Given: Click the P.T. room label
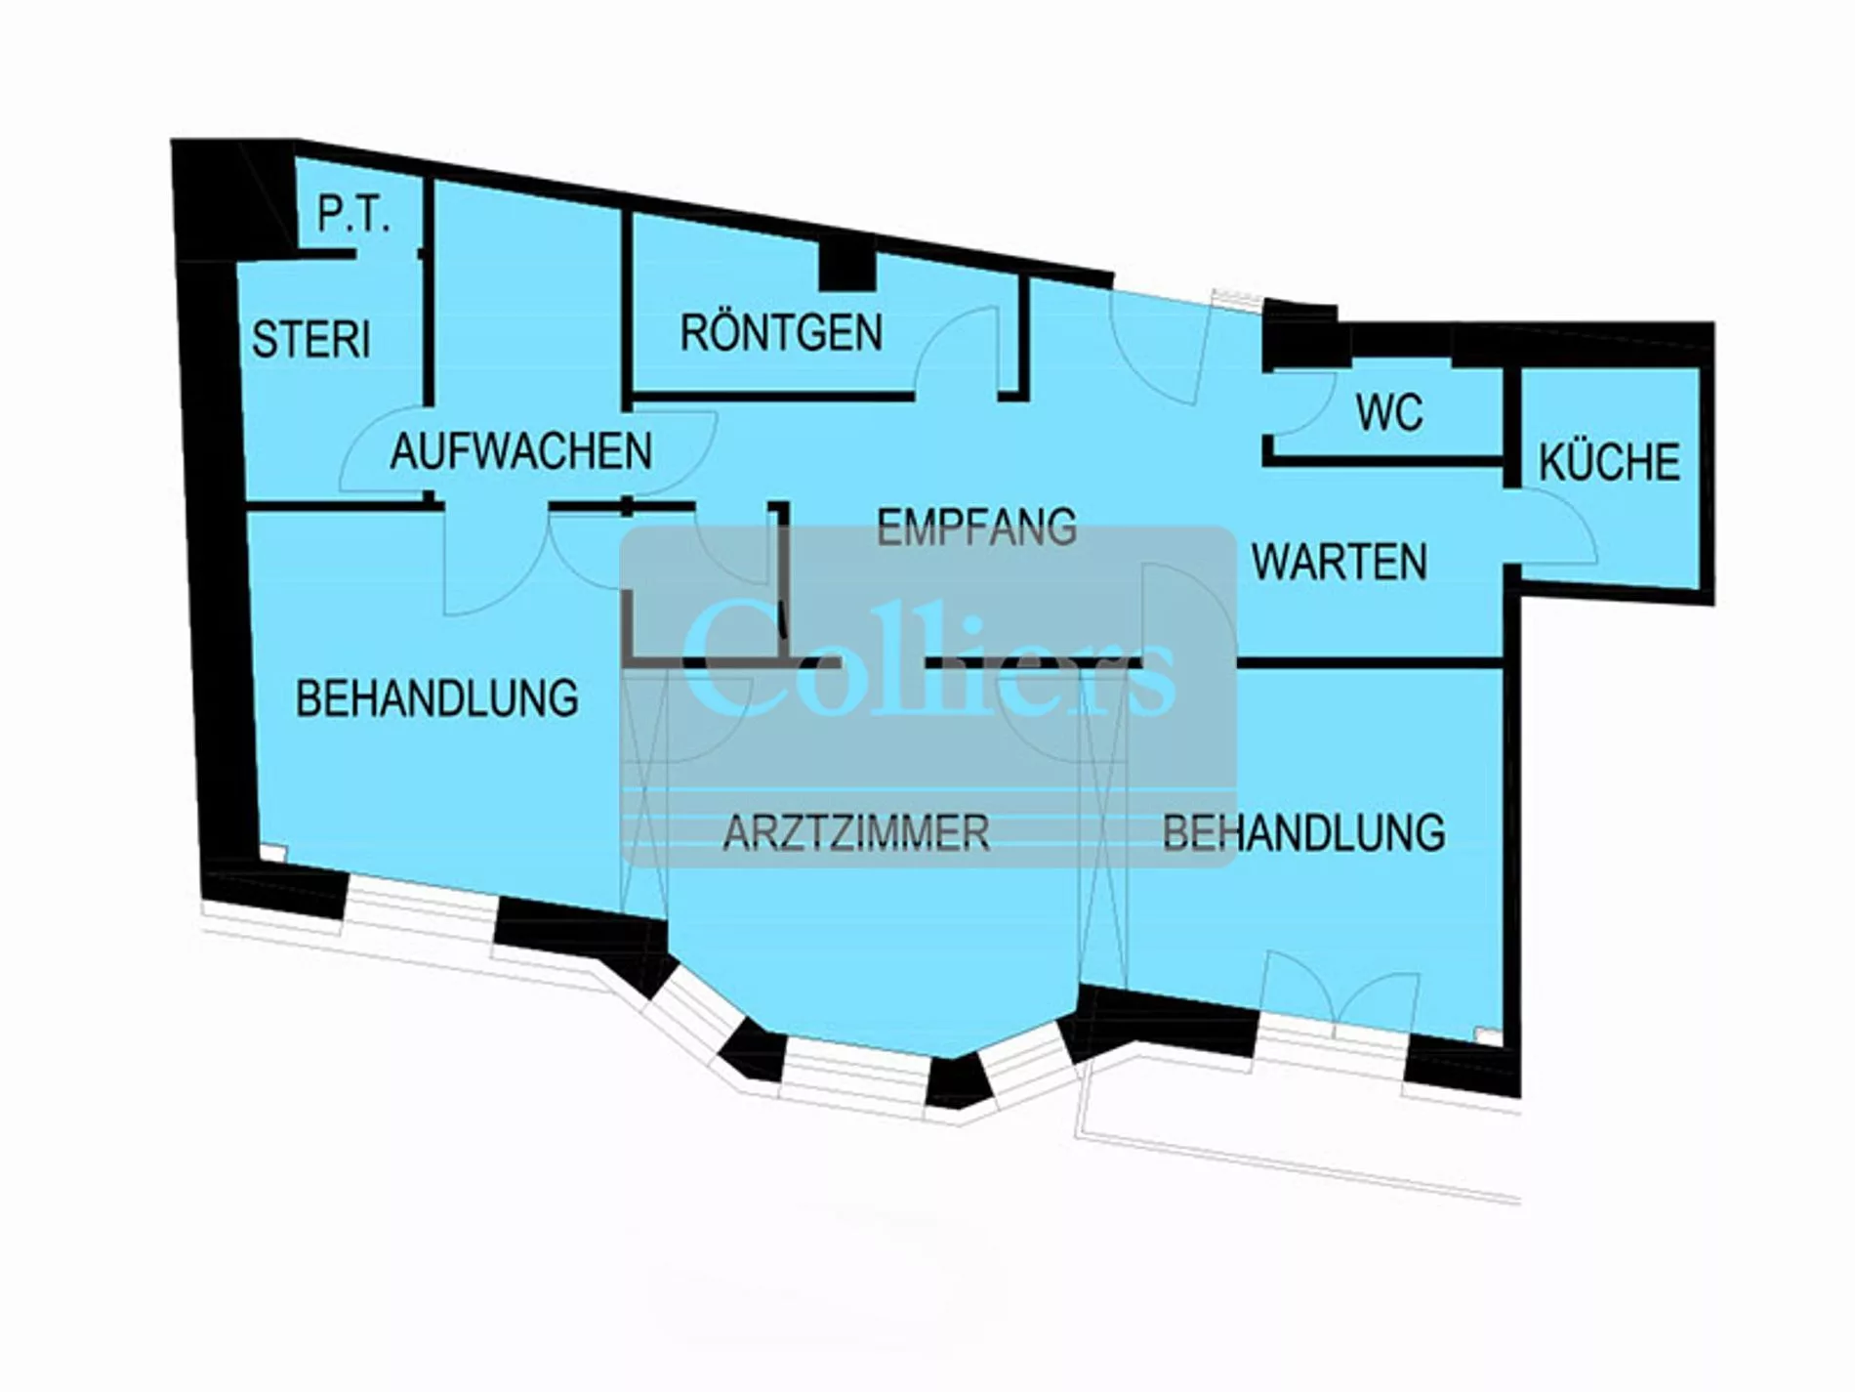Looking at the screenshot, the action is pos(353,216).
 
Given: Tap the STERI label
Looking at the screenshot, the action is pos(311,339).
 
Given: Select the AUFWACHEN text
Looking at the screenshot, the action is pos(521,451).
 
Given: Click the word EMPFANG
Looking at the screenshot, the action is pos(976,527).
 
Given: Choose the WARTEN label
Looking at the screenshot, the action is pos(1340,563).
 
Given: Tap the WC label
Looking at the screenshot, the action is pos(1389,413).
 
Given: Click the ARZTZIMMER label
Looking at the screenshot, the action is pos(856,832).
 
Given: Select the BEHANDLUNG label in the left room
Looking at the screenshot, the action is pos(437,698).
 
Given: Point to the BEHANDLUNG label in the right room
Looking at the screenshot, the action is pos(1304,832).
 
